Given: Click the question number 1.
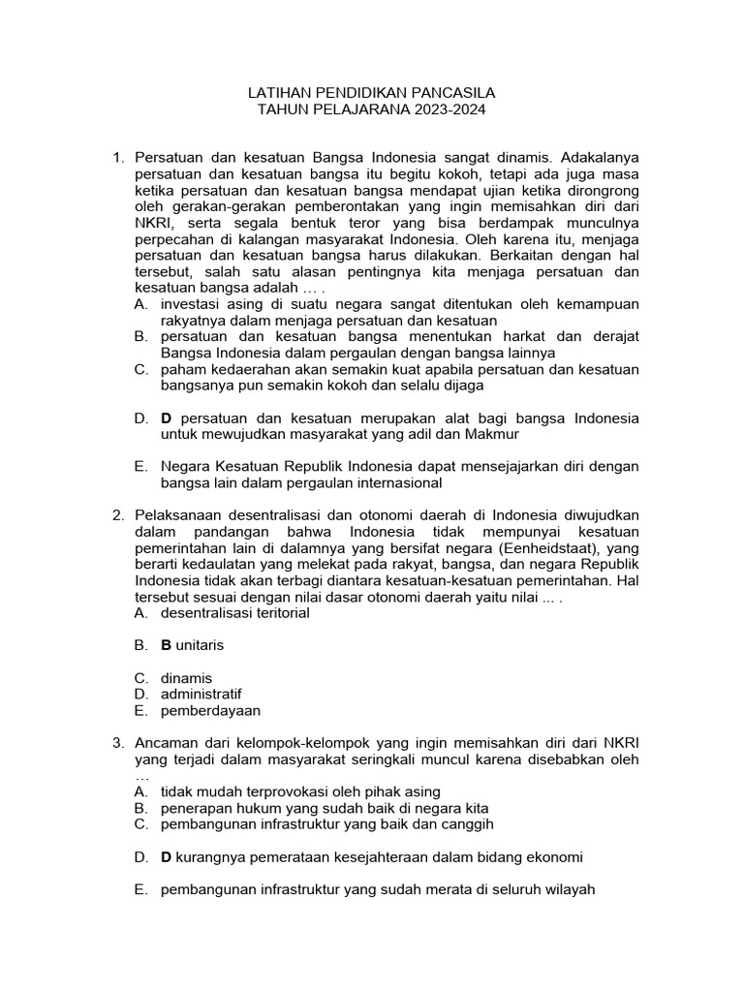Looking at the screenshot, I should click(118, 158).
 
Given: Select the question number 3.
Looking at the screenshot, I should click(118, 743).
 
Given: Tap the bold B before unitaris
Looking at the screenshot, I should click(166, 644).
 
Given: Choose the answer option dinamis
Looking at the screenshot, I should click(186, 677).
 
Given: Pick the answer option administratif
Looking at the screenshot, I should click(201, 694).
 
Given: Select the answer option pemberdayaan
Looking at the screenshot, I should click(210, 710).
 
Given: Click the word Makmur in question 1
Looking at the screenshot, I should click(492, 434).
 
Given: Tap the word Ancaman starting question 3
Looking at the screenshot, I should click(167, 743).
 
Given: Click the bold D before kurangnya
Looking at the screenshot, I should click(166, 856).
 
